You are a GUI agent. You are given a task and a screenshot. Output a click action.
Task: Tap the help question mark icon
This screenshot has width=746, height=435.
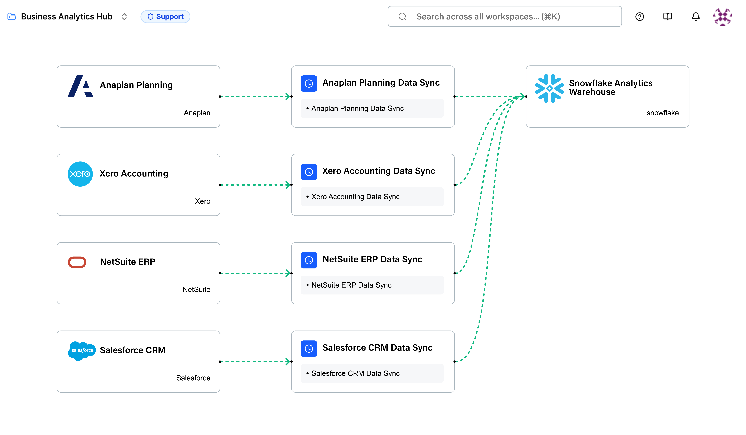[639, 17]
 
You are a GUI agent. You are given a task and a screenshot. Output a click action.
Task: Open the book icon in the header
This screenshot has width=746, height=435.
[668, 17]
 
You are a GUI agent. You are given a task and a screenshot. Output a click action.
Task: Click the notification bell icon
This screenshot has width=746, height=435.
[695, 17]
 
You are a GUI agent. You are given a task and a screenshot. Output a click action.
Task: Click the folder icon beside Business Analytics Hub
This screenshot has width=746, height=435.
[12, 17]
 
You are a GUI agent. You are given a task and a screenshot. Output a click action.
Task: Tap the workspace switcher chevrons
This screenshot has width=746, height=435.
[124, 17]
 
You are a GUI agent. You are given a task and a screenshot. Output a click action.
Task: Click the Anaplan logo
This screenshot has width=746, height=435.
[80, 86]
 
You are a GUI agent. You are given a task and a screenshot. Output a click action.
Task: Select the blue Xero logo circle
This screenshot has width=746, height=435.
[80, 174]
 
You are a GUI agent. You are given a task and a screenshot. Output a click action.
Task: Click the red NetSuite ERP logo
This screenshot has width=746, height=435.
[77, 262]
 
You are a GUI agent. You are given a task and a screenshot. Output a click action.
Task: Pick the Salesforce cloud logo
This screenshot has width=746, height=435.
[82, 351]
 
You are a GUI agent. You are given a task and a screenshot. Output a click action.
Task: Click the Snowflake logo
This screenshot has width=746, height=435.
[549, 88]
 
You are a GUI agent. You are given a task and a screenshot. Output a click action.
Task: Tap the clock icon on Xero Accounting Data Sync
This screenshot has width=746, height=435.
[309, 172]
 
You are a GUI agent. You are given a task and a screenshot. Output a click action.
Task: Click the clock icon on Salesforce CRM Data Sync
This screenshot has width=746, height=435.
[309, 349]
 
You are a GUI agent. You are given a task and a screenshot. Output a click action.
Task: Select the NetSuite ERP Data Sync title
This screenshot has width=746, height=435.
[372, 259]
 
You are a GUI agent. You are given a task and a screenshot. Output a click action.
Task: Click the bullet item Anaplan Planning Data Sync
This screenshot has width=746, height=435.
[357, 108]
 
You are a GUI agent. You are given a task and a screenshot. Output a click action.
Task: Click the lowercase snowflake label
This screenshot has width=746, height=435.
[662, 113]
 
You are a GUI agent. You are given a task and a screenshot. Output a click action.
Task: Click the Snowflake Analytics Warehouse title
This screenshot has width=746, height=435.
[610, 88]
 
